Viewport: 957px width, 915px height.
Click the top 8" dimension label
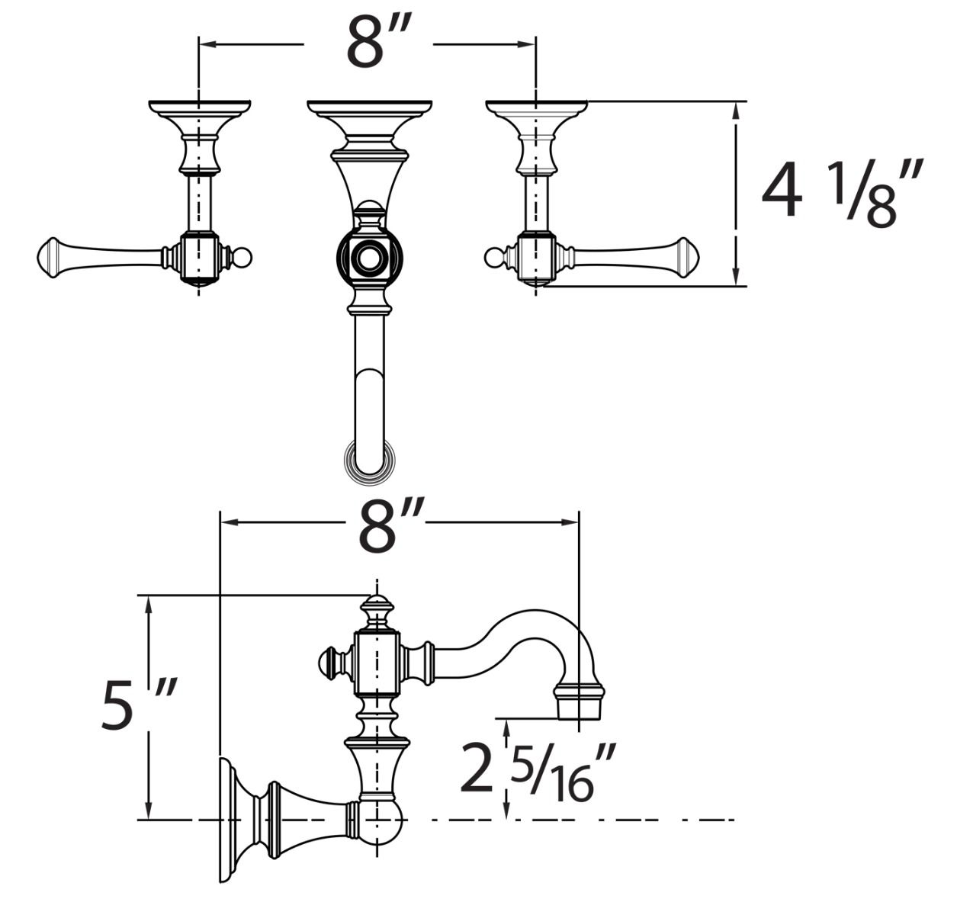click(x=370, y=44)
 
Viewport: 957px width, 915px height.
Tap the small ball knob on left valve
click(x=245, y=258)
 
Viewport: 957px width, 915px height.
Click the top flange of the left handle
click(x=200, y=108)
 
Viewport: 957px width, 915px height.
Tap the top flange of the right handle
click(x=537, y=108)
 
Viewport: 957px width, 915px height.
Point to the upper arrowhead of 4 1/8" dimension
click(x=736, y=110)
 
